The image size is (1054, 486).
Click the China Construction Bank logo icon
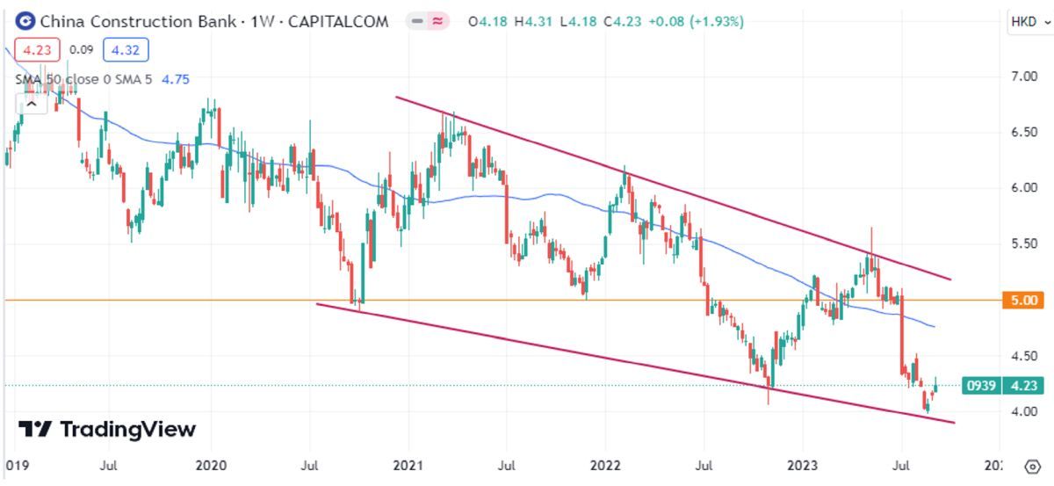[26, 21]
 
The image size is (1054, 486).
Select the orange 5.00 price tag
[1025, 301]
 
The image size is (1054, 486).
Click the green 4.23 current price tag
[1024, 385]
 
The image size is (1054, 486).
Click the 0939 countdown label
[980, 385]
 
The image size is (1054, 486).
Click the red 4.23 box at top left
[35, 50]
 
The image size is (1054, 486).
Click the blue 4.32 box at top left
[126, 50]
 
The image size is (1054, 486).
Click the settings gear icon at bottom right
[1032, 465]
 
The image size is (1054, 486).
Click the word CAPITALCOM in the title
[338, 22]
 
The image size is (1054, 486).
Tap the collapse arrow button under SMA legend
[31, 103]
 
